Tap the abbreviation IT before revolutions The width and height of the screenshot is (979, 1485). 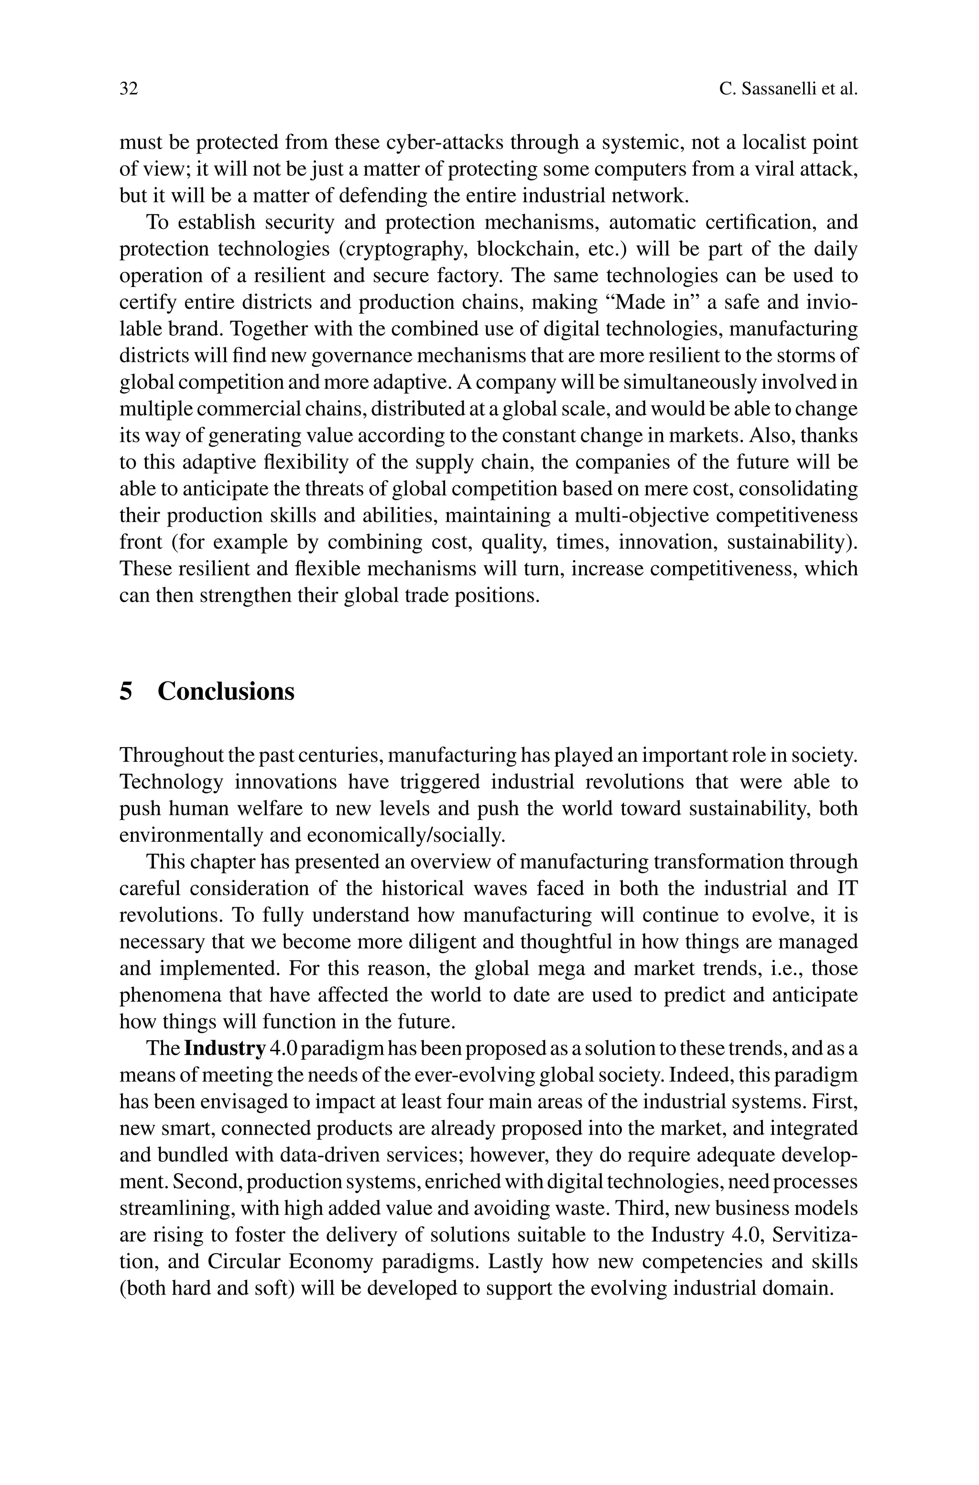pyautogui.click(x=846, y=889)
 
